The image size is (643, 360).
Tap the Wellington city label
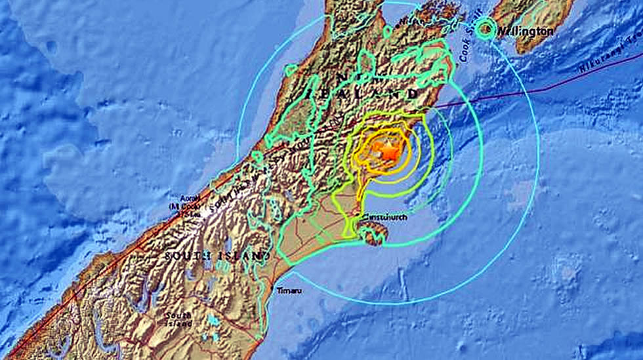pos(525,31)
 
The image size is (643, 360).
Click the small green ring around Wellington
pos(486,28)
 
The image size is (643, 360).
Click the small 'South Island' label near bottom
pos(178,319)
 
